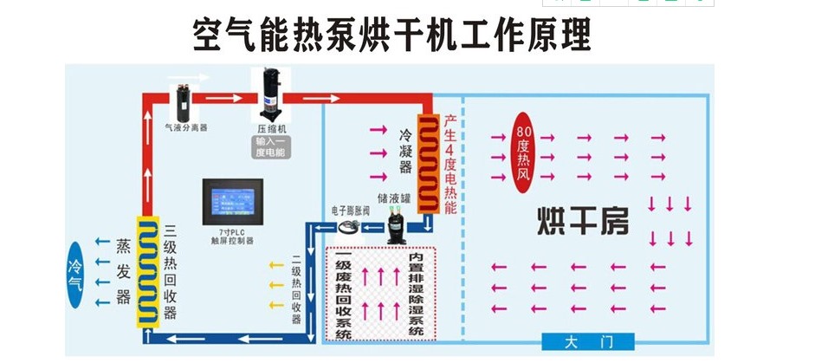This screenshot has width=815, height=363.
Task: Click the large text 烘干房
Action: [x=582, y=220]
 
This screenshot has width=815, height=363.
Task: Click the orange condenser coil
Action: [x=427, y=165]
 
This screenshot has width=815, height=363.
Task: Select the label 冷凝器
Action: [x=405, y=151]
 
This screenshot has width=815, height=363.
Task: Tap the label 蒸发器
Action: [x=123, y=271]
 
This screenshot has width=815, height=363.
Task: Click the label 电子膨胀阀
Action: [x=351, y=210]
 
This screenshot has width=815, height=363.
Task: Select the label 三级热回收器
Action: [x=170, y=269]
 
